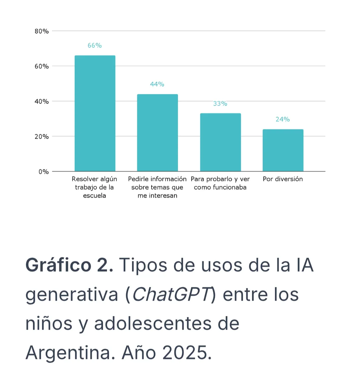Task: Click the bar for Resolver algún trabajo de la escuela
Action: tap(95, 113)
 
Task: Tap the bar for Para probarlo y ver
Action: tap(220, 142)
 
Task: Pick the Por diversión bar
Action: tap(283, 150)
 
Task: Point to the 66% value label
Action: tap(95, 46)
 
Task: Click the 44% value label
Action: tap(157, 84)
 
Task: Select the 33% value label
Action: tap(220, 104)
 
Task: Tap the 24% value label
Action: tap(283, 119)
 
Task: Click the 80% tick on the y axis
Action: tap(42, 31)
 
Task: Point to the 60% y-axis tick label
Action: tap(42, 66)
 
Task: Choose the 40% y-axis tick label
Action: tap(42, 102)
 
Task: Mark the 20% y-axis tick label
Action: tap(42, 137)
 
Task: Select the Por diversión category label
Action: tap(283, 179)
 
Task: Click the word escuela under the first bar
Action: tap(95, 196)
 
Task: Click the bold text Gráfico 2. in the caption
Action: tap(69, 265)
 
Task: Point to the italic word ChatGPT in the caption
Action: tap(172, 295)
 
